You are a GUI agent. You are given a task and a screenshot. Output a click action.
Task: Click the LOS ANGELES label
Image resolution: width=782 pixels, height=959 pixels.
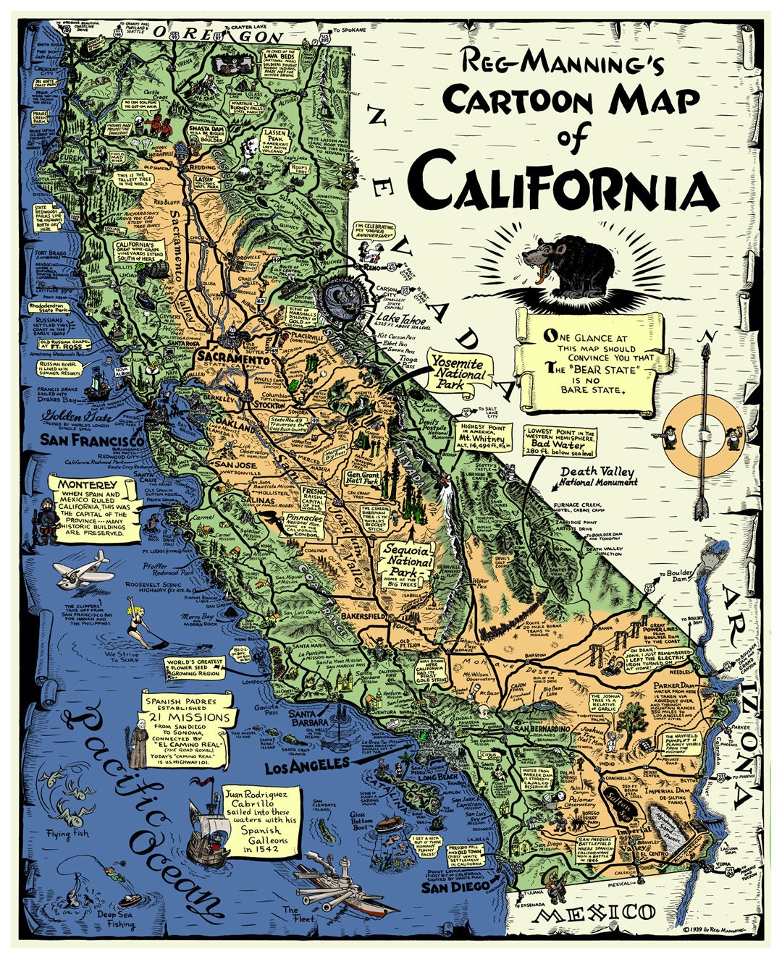(307, 765)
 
